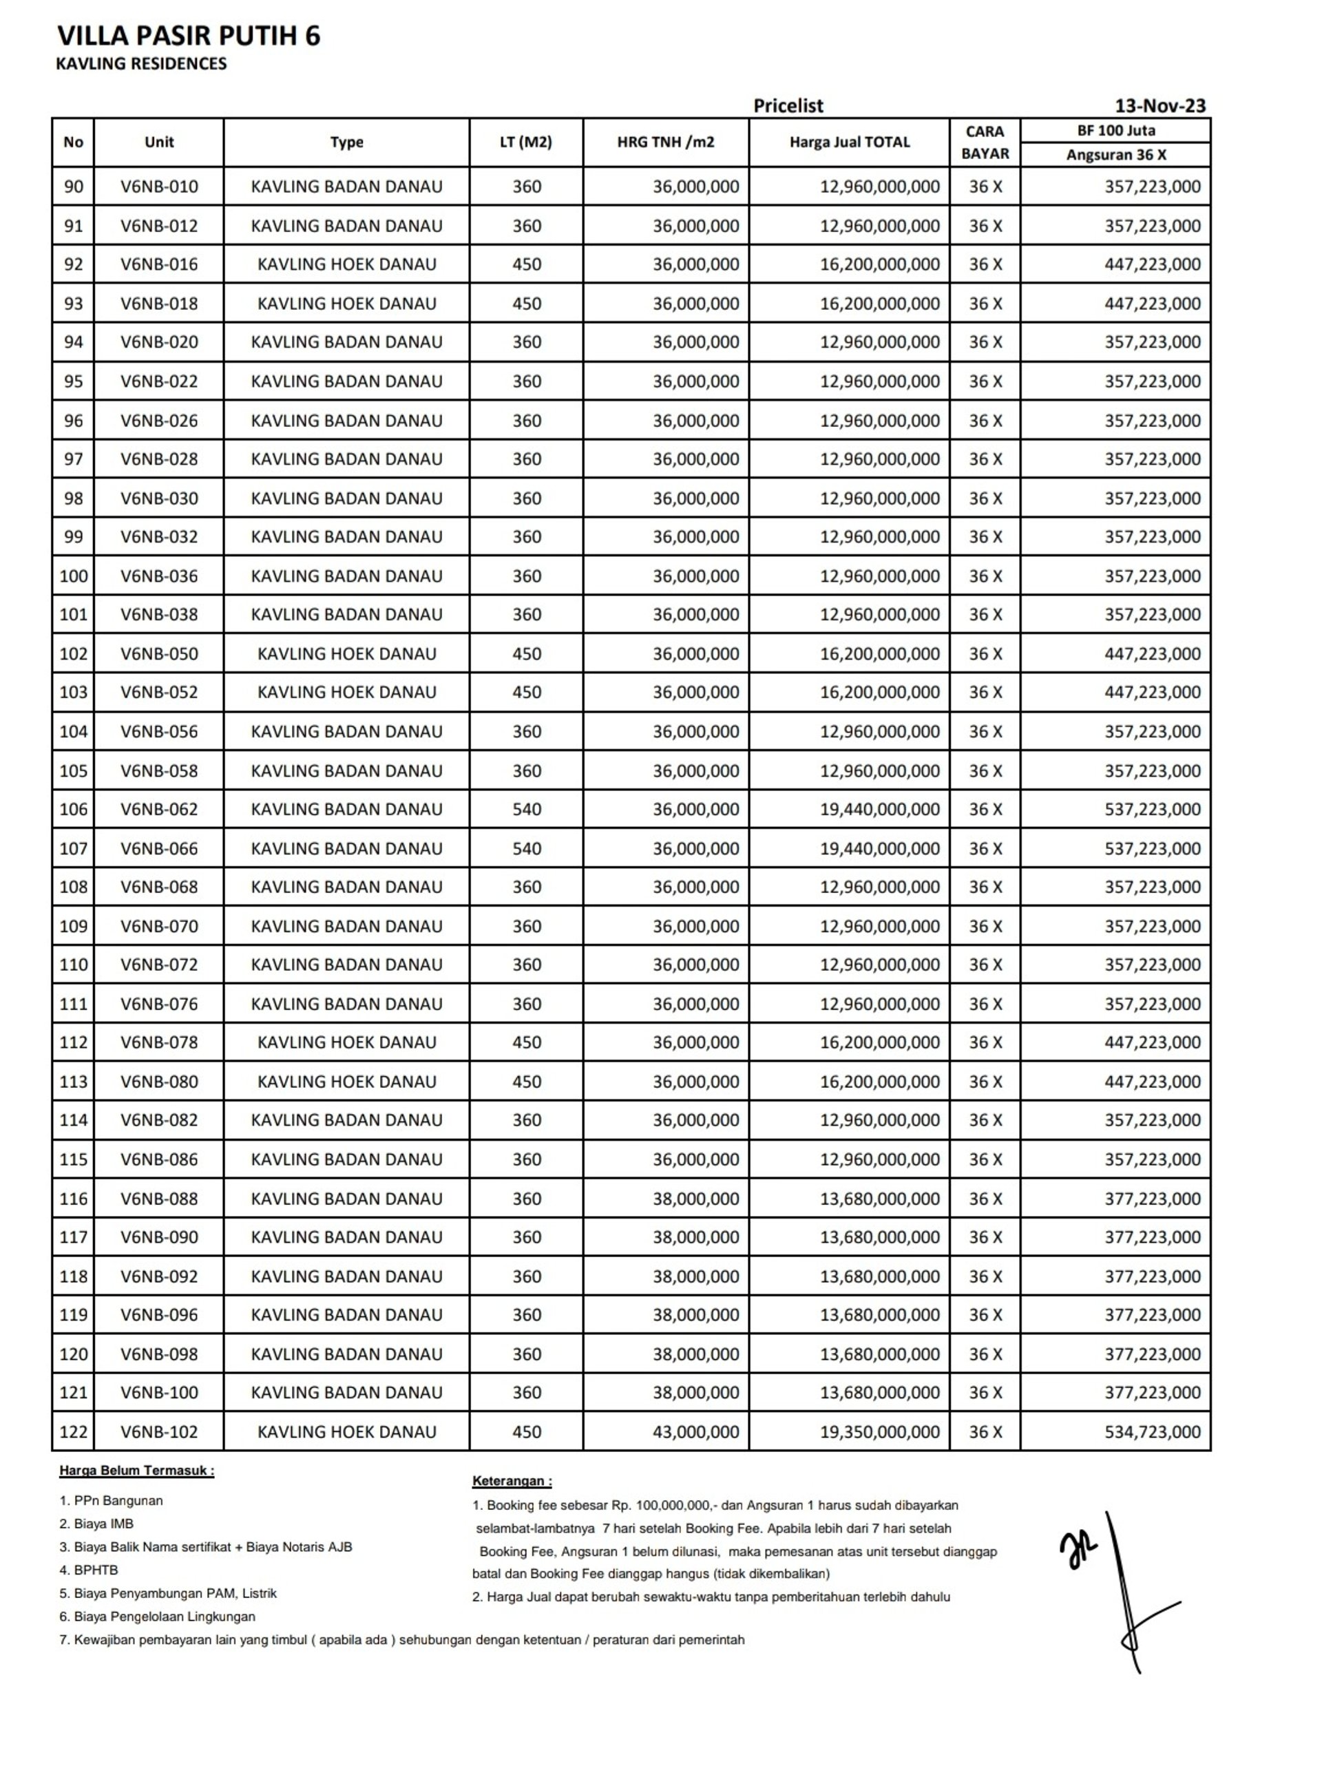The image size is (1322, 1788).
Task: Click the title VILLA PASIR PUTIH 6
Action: (x=189, y=36)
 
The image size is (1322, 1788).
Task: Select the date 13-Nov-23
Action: (x=1160, y=105)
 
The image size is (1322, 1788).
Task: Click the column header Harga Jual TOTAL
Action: (x=849, y=143)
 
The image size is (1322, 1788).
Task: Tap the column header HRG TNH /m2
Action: (x=665, y=143)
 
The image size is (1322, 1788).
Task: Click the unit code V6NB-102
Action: (x=158, y=1432)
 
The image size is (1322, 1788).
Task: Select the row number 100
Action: (x=73, y=576)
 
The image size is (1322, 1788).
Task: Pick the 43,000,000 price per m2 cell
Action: (x=695, y=1432)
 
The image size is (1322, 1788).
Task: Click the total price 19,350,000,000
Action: (x=879, y=1432)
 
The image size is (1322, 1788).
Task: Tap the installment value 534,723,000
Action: (x=1153, y=1432)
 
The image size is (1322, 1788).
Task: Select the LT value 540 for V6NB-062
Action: (x=527, y=810)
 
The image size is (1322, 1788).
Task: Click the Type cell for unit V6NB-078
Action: (x=346, y=1042)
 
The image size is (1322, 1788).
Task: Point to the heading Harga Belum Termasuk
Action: (x=137, y=1471)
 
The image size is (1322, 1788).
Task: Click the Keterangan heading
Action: (x=512, y=1481)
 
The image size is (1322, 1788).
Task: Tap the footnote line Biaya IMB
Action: (x=96, y=1524)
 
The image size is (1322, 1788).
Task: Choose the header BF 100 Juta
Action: (x=1115, y=130)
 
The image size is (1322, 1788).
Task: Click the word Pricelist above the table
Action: (x=788, y=105)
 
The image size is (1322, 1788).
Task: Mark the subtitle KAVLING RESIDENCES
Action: (x=142, y=64)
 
